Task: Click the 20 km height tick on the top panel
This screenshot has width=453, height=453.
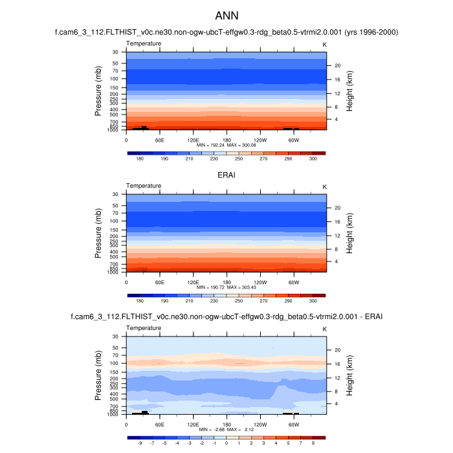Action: pos(337,65)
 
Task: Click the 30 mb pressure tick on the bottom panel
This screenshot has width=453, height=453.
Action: pos(115,337)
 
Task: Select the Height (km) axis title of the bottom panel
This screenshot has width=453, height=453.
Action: pos(349,375)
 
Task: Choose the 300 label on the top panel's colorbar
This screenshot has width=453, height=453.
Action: pos(313,159)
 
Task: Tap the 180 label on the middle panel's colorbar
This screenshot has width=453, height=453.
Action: pos(139,301)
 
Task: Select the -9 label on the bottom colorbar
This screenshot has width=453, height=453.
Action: pos(139,444)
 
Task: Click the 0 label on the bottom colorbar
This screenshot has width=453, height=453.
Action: pos(226,444)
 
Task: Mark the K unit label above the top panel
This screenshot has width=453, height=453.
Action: pos(324,43)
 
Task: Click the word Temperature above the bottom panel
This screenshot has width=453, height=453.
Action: pos(144,328)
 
